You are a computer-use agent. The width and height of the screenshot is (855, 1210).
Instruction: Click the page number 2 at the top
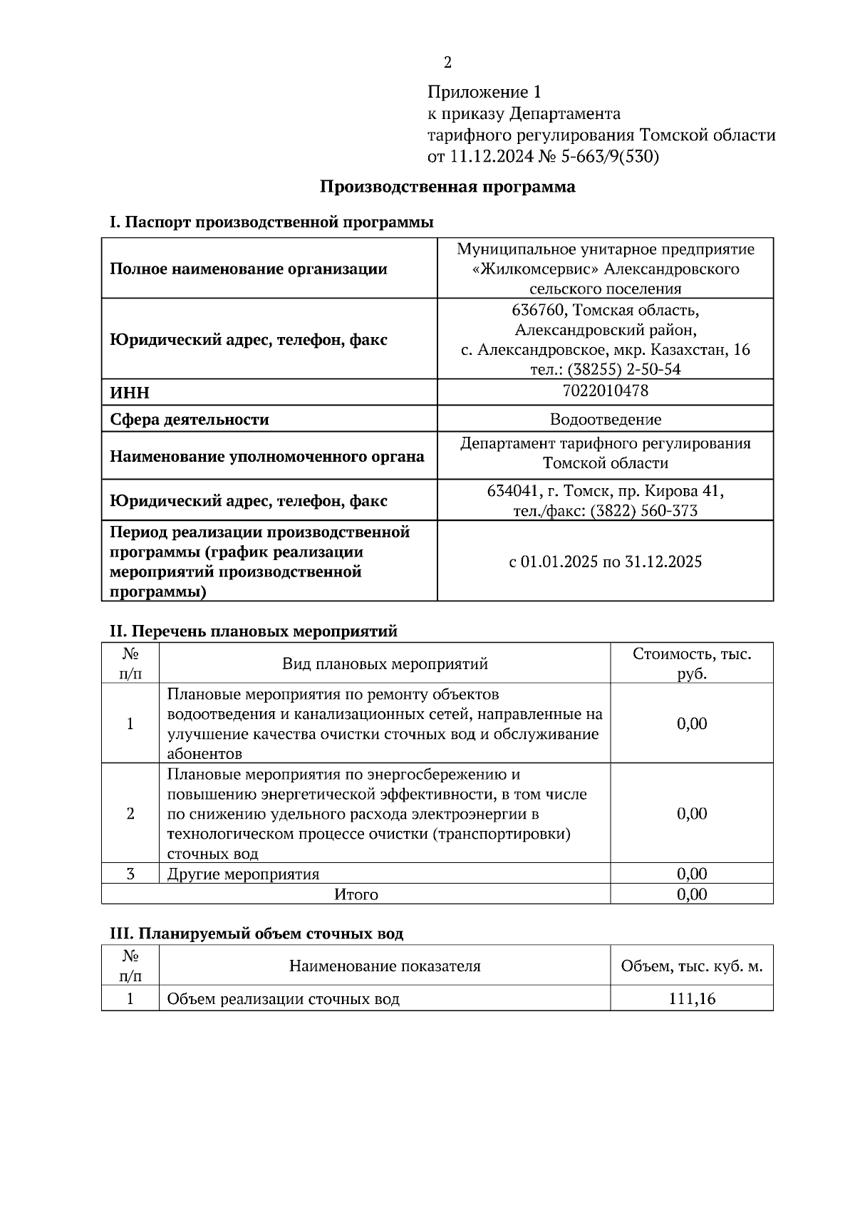click(x=447, y=63)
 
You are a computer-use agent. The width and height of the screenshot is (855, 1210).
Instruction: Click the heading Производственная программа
click(x=447, y=187)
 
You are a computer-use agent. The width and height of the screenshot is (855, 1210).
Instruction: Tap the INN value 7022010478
click(x=605, y=391)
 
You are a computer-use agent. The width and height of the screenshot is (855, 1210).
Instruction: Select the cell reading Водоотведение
click(x=605, y=420)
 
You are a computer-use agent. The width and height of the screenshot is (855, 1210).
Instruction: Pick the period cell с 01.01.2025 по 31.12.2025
click(x=605, y=562)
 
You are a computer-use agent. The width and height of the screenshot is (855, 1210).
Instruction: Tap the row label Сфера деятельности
click(x=190, y=420)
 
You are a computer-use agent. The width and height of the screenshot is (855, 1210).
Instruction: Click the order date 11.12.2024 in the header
click(x=491, y=156)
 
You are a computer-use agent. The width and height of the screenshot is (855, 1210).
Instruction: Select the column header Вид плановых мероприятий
click(x=385, y=664)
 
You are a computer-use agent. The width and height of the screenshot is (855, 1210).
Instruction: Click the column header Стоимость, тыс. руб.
click(x=691, y=663)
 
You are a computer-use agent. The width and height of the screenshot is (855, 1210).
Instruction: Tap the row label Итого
click(x=356, y=894)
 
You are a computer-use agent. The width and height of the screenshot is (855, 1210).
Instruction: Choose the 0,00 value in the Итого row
click(x=691, y=894)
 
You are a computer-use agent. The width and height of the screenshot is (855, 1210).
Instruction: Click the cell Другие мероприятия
click(x=243, y=874)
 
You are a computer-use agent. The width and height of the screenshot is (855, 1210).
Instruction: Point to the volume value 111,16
click(x=691, y=999)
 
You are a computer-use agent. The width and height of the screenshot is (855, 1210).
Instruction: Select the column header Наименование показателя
click(x=385, y=966)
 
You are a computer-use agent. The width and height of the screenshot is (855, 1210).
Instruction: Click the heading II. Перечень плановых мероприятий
click(x=253, y=631)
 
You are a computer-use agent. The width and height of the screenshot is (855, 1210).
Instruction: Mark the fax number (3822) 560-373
click(x=643, y=511)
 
